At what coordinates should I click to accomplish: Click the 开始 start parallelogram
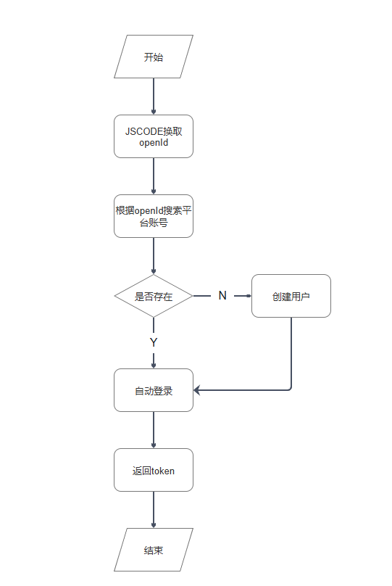(154, 57)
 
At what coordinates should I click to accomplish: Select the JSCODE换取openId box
(154, 136)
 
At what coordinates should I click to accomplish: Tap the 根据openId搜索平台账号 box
(154, 216)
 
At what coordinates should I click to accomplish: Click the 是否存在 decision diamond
(154, 296)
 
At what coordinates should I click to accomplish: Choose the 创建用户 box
(291, 296)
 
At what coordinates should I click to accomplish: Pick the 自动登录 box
(154, 390)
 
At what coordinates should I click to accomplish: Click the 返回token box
(154, 470)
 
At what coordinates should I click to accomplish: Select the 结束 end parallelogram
(154, 550)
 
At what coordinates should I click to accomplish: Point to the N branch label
(222, 296)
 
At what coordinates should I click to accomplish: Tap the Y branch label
(154, 342)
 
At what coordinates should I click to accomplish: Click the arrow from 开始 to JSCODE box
(154, 96)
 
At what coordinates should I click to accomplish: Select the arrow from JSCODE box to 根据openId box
(154, 176)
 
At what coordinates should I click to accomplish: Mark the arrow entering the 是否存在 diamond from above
(154, 256)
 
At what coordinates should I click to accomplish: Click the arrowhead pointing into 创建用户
(249, 296)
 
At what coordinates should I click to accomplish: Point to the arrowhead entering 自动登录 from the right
(197, 390)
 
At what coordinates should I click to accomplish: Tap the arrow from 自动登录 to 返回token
(154, 430)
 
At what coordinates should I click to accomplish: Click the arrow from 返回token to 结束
(154, 510)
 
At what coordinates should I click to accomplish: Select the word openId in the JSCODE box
(154, 143)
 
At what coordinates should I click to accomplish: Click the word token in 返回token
(164, 471)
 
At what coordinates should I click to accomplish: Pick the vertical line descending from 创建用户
(291, 352)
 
